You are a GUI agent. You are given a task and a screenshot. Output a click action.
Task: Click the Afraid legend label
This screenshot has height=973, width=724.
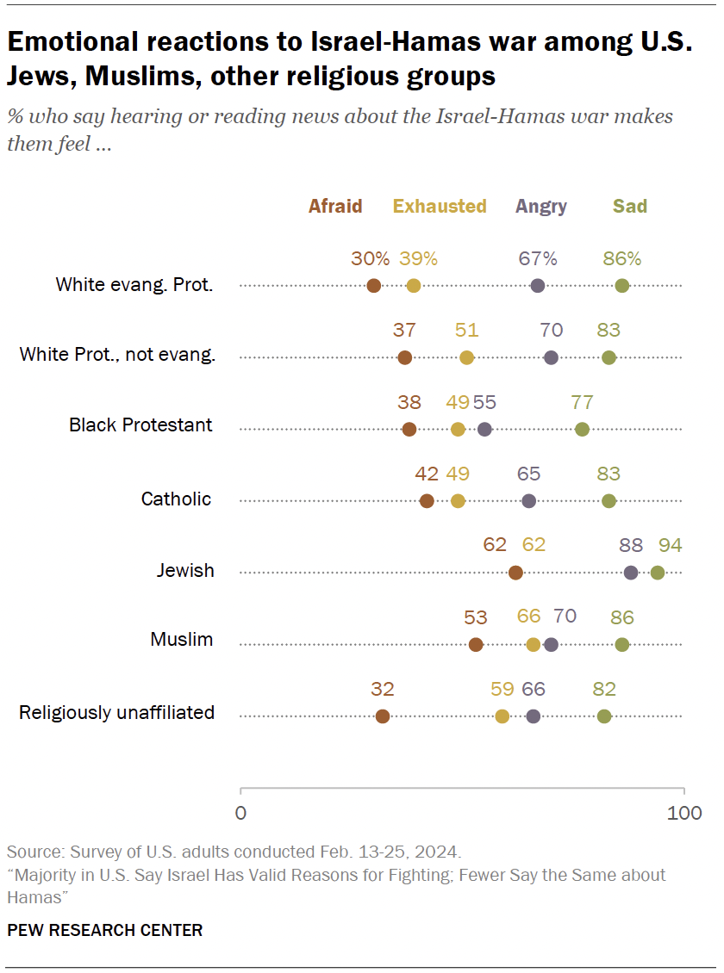335,207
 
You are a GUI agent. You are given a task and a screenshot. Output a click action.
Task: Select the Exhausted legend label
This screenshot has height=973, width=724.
440,207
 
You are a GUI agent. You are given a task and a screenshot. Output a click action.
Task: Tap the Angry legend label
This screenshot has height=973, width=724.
541,207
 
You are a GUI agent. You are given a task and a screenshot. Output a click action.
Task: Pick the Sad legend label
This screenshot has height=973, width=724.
630,207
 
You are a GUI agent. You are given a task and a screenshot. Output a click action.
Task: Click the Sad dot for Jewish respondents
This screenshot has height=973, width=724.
658,573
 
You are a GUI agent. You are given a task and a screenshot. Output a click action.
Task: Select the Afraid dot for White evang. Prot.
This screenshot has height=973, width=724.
373,287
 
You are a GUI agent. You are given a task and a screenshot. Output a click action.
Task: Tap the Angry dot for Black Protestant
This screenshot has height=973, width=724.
484,430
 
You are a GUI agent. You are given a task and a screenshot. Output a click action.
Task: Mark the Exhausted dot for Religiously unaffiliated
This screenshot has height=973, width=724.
502,716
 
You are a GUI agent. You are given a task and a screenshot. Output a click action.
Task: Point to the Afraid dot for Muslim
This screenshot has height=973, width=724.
476,645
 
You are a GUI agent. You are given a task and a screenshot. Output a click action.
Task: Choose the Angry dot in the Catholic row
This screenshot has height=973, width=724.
529,501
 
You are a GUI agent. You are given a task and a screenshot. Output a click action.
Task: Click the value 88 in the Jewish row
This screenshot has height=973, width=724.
632,545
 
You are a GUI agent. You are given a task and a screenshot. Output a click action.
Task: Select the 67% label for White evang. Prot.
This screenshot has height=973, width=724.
538,258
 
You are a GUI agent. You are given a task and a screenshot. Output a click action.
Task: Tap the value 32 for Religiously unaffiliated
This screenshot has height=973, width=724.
383,688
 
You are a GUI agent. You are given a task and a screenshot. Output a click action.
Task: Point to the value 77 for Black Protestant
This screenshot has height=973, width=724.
582,401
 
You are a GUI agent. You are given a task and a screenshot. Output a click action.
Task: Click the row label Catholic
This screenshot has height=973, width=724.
176,499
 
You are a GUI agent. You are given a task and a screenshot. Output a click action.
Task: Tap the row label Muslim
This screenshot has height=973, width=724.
182,640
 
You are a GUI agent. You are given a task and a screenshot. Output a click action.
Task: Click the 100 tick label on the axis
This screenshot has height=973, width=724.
685,813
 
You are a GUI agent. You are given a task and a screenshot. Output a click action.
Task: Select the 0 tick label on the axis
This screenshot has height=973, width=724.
240,813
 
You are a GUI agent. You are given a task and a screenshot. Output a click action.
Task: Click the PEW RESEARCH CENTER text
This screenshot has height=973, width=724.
105,930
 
